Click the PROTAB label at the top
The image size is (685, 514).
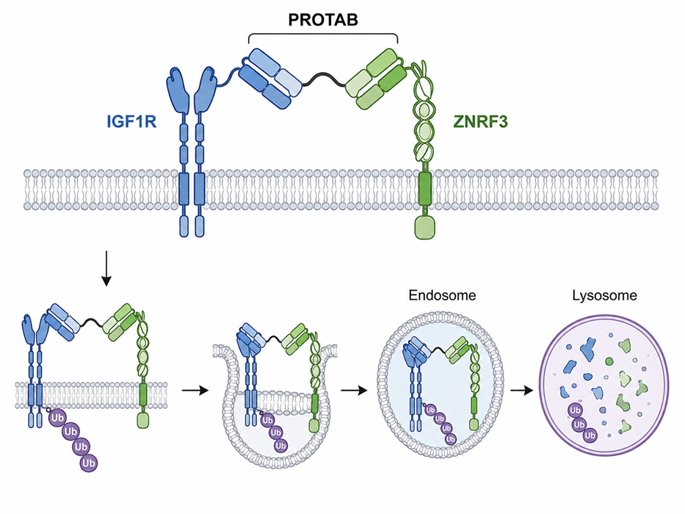(323, 20)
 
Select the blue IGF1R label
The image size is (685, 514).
(131, 121)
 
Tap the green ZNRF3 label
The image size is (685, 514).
(481, 121)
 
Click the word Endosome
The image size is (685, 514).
(442, 295)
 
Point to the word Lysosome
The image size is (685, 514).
(605, 295)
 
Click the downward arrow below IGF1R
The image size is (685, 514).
(106, 268)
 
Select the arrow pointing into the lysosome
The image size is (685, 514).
(523, 391)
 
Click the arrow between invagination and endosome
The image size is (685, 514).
(354, 391)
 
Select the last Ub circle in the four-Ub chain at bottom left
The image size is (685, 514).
(89, 463)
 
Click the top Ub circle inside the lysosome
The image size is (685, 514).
(575, 410)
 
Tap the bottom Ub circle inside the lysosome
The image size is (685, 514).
(590, 435)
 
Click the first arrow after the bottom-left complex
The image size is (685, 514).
(195, 391)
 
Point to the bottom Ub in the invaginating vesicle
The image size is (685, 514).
(280, 446)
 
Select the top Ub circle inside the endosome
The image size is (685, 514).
(431, 410)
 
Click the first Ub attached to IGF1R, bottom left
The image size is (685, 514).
(57, 418)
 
